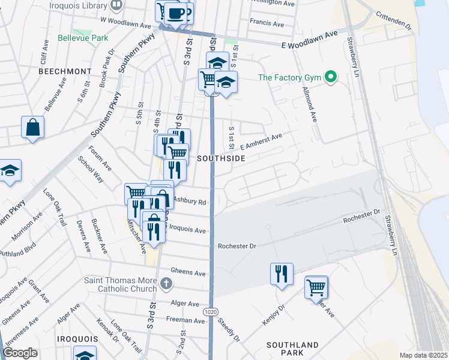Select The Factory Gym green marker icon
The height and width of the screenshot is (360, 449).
330,77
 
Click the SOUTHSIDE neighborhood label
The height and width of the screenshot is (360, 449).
221,158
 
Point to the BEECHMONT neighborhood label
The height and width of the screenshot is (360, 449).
64,71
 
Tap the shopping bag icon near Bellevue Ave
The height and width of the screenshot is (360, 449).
32,127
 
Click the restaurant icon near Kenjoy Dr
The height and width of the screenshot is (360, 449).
282,274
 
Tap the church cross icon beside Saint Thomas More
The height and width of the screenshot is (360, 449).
167,283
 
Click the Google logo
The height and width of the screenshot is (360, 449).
20,353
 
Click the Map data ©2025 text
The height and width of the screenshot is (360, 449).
423,355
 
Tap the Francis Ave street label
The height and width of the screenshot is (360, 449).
267,24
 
